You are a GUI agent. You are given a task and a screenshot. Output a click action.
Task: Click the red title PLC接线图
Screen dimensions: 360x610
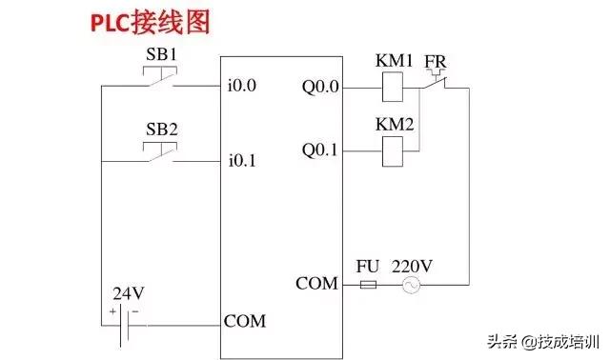click(x=151, y=23)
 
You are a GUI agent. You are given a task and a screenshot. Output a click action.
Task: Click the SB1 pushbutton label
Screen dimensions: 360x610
click(x=161, y=55)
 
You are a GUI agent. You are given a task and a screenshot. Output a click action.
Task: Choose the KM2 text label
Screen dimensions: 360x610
click(x=394, y=124)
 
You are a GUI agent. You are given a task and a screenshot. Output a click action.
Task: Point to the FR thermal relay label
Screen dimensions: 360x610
click(x=436, y=61)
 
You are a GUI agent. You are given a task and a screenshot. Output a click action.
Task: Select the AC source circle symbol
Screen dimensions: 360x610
click(x=412, y=285)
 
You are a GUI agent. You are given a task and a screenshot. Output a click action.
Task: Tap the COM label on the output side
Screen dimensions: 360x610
click(x=316, y=284)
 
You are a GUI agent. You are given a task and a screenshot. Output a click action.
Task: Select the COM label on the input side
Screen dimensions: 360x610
click(x=245, y=321)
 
